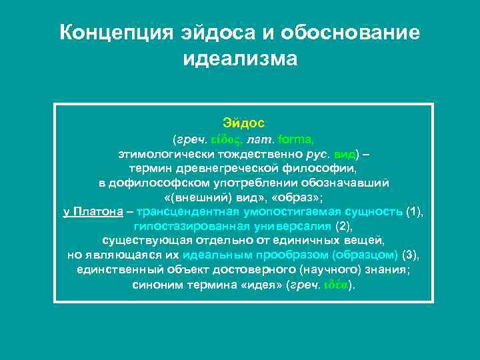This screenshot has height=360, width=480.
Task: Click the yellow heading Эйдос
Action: [x=243, y=123]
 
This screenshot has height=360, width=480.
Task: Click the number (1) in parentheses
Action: [x=415, y=212]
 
